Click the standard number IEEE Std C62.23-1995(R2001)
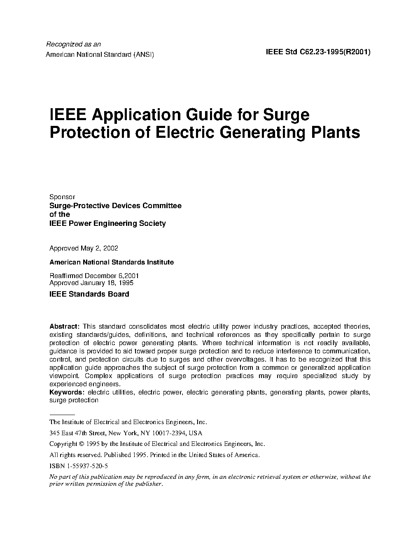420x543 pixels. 318,52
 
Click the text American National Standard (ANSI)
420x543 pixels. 100,54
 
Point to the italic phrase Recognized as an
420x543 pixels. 73,44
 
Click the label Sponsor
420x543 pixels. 62,197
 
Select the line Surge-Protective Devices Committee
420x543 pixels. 115,206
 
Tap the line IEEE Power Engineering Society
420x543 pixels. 107,223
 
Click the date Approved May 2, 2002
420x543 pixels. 84,248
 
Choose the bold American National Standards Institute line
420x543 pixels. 112,262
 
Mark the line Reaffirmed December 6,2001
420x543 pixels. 94,276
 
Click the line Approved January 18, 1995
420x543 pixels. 91,283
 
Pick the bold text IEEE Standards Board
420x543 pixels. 89,294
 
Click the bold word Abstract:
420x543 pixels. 64,326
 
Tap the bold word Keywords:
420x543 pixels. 67,392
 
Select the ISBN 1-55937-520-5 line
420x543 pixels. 79,466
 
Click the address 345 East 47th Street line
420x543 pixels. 126,433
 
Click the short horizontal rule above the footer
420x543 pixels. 62,415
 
